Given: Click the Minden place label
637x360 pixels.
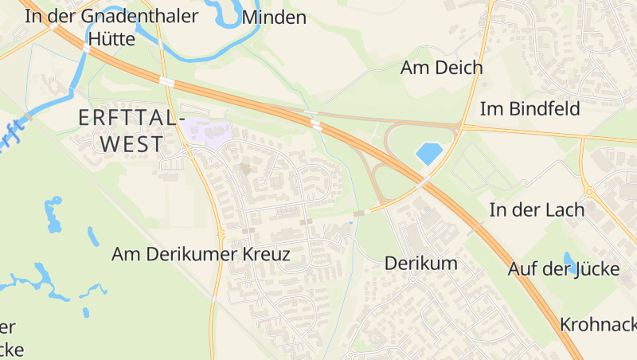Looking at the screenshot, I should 274,18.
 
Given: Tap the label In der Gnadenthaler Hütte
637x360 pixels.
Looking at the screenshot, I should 111,27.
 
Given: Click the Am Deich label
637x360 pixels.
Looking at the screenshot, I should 441,68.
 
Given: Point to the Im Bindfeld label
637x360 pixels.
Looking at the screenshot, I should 530,109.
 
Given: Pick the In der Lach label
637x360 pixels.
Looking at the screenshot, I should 536,210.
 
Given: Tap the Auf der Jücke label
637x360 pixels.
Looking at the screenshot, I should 564,269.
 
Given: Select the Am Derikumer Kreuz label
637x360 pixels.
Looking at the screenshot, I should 201,254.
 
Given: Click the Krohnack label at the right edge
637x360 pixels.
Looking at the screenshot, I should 597,325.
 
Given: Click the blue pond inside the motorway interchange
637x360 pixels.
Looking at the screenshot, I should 428,153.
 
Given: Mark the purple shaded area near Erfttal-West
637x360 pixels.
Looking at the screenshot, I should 209,132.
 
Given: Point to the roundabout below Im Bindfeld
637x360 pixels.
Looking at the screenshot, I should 589,192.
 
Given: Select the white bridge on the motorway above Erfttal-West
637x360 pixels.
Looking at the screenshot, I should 166,81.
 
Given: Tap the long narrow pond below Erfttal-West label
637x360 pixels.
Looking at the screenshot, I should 53,215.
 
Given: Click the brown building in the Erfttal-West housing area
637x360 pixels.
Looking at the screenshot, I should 246,169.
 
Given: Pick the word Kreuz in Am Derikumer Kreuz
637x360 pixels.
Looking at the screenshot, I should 264,254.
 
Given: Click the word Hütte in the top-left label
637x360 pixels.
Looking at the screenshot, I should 111,38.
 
